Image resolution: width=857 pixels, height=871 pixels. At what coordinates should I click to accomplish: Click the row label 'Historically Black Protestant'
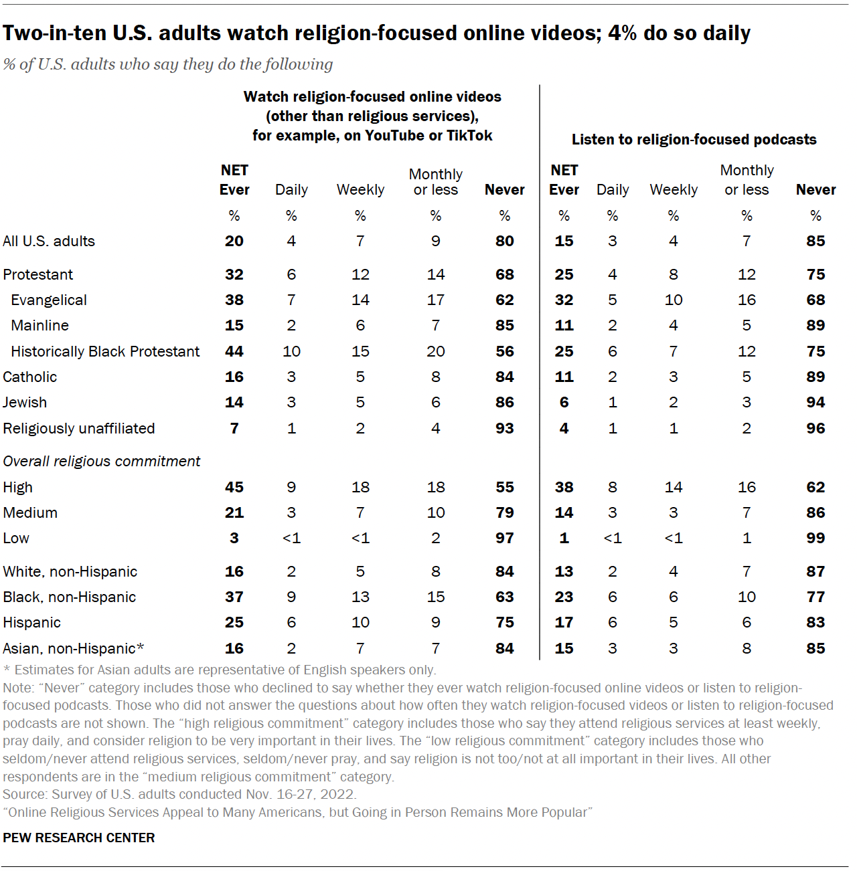(x=105, y=351)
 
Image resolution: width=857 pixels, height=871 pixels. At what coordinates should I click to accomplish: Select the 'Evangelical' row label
(x=49, y=300)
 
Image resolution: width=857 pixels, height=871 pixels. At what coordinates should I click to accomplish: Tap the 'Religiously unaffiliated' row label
(x=79, y=428)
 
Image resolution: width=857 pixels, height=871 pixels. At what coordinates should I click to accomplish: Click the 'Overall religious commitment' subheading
(x=102, y=461)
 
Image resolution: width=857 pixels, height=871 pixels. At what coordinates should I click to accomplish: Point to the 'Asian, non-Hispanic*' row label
(x=74, y=648)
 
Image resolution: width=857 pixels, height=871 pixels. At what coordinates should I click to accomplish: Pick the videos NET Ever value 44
(x=234, y=351)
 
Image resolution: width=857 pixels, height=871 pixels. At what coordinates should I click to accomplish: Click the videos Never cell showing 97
(x=505, y=538)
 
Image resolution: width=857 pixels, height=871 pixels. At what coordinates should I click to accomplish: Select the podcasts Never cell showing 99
(x=815, y=538)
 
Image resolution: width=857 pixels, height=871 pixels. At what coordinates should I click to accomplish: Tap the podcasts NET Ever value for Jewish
(x=564, y=402)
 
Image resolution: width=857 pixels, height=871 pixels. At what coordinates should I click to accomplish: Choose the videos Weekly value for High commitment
(x=360, y=487)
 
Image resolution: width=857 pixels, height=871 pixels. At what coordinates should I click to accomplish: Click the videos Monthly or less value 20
(x=436, y=351)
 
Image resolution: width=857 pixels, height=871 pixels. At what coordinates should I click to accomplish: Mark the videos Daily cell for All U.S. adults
(x=291, y=241)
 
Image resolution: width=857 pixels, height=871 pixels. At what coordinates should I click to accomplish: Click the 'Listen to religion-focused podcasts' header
(x=694, y=139)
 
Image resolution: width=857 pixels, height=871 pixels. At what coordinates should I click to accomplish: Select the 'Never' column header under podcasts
(x=815, y=189)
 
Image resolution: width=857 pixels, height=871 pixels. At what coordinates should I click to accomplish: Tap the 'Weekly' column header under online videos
(x=360, y=189)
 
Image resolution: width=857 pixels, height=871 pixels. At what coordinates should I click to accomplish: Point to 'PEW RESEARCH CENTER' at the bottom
(x=79, y=838)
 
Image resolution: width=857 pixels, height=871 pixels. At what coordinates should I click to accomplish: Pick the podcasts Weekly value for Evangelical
(x=674, y=300)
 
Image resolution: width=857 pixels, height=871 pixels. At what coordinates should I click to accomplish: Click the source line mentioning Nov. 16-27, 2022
(x=179, y=794)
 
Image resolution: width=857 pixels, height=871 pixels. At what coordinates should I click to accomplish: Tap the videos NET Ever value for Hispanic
(x=234, y=622)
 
